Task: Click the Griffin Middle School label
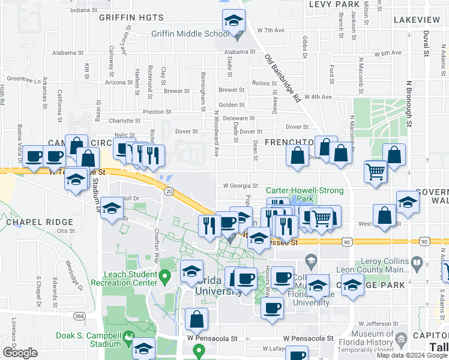pos(190,34)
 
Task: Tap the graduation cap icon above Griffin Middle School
pos(234,21)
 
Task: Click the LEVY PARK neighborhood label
pos(334,4)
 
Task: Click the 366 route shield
pos(79,316)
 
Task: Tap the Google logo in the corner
pos(20,353)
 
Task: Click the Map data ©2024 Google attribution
pos(412,355)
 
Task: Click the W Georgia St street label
pos(240,186)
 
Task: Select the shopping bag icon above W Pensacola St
pos(196,319)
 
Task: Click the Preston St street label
pos(157,112)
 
